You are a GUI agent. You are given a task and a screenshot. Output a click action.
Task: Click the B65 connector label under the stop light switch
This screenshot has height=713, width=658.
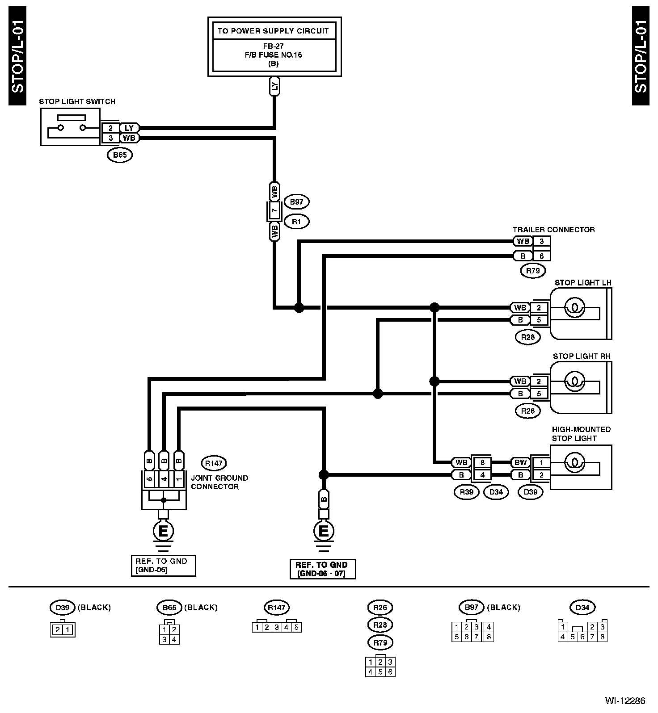(120, 155)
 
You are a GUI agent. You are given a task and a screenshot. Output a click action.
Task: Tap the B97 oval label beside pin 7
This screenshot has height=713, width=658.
(296, 202)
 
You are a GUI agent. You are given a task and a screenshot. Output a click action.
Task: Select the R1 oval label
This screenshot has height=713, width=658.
(296, 221)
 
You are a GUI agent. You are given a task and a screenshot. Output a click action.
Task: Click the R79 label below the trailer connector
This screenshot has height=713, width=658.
(533, 271)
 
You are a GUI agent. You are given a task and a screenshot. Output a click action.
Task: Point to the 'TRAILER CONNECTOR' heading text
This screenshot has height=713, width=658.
(554, 230)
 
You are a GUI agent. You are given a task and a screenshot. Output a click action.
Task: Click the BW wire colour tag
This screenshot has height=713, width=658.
(521, 462)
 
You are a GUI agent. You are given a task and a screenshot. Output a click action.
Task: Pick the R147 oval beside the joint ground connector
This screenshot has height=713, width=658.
(214, 463)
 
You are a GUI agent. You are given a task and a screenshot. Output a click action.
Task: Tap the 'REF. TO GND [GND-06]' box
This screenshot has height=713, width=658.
(163, 566)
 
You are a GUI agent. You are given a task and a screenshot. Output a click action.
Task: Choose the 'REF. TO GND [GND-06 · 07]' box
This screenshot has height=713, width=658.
(322, 569)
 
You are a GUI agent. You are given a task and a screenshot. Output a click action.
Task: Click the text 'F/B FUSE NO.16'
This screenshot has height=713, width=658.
(274, 55)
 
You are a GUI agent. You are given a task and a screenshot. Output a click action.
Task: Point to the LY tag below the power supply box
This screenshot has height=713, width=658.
(274, 87)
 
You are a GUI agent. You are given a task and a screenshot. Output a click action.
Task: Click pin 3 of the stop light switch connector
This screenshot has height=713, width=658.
(111, 138)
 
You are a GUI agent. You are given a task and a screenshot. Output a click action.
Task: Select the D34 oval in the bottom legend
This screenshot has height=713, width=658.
(582, 607)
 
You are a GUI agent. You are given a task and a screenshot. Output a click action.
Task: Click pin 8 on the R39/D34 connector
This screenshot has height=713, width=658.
(482, 462)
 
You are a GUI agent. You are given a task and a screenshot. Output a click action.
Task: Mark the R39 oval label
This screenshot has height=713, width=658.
(466, 492)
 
